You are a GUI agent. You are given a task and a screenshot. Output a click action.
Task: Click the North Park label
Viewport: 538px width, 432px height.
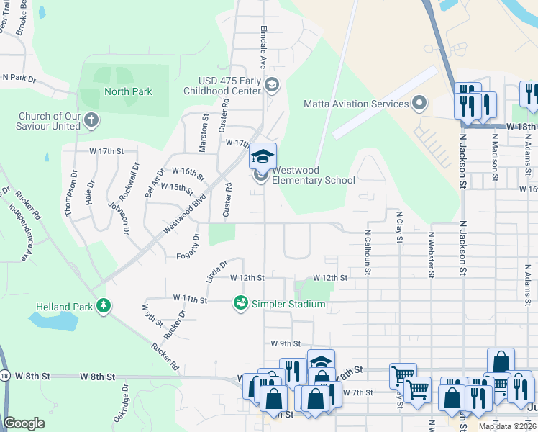[128, 91]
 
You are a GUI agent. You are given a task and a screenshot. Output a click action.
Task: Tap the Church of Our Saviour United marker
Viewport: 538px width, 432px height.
[91, 120]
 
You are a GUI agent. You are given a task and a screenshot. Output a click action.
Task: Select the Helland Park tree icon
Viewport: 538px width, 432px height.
[104, 307]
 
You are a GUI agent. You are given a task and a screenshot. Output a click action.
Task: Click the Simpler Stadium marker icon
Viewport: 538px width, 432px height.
[241, 304]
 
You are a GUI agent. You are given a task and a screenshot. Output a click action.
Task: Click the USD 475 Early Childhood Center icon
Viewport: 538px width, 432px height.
[271, 86]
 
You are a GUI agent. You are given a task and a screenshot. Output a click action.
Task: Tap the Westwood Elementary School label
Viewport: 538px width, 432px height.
[312, 175]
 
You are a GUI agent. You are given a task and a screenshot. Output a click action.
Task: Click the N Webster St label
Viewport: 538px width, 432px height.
[431, 253]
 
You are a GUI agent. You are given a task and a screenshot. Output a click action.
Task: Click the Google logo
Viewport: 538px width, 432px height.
[24, 423]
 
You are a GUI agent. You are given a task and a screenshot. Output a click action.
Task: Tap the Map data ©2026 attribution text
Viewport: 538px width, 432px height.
[507, 426]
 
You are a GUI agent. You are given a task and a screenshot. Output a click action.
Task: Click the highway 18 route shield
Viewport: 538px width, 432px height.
[5, 376]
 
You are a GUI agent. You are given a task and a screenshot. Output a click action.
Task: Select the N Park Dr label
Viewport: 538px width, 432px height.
[19, 76]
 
